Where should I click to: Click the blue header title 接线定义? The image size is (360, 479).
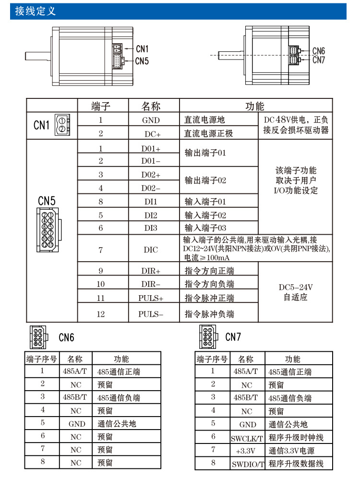coord(36,11)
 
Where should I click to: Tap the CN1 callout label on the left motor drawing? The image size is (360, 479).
coord(142,48)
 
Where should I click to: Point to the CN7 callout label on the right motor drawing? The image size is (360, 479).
coord(319,60)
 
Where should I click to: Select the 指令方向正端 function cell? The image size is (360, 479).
coord(210,271)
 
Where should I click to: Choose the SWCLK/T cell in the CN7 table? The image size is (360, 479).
coord(247,438)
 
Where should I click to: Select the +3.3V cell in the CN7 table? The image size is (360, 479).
coord(247,451)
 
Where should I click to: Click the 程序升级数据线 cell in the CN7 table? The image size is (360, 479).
coord(296,464)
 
